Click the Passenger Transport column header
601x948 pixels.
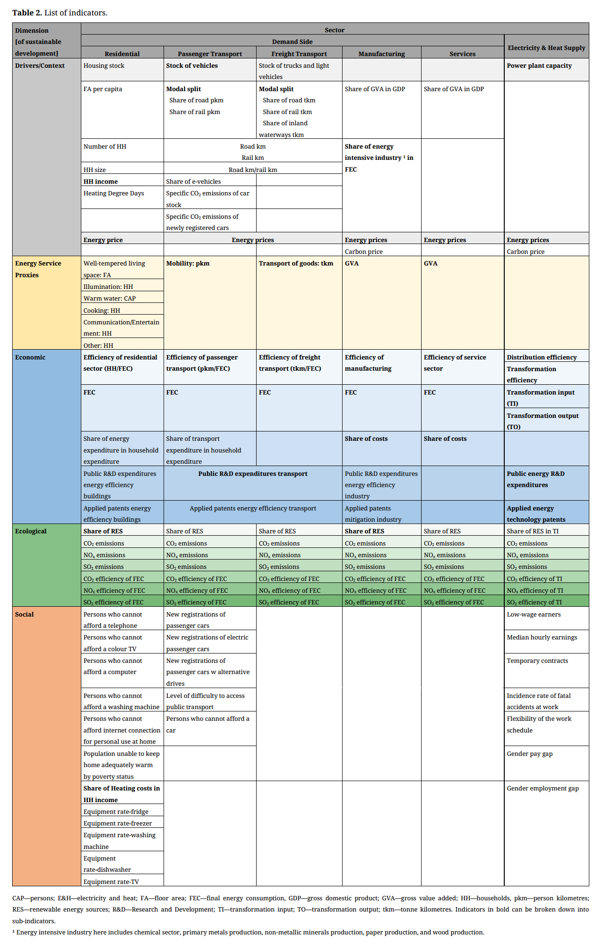click(x=210, y=54)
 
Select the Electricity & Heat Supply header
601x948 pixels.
click(x=546, y=48)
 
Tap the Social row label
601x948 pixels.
click(x=24, y=614)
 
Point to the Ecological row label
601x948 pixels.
click(x=31, y=531)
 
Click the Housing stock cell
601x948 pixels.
click(x=104, y=66)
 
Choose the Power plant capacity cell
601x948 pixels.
click(x=539, y=66)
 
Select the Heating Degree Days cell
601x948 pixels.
click(x=114, y=194)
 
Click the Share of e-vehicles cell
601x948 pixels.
click(x=193, y=181)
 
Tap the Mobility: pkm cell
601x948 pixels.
click(x=188, y=264)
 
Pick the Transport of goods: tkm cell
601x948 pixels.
click(x=296, y=264)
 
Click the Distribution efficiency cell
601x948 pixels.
click(x=542, y=357)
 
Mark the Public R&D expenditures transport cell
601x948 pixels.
click(x=252, y=474)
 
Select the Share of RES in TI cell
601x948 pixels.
click(x=532, y=531)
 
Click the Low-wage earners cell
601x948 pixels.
click(x=534, y=614)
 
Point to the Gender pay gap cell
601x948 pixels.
click(x=529, y=754)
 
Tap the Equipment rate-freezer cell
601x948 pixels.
click(x=117, y=823)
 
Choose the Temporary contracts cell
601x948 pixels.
click(x=537, y=661)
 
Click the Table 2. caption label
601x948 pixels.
click(x=60, y=13)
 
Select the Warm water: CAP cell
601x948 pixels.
click(x=109, y=298)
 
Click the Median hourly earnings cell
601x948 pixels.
click(x=542, y=637)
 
